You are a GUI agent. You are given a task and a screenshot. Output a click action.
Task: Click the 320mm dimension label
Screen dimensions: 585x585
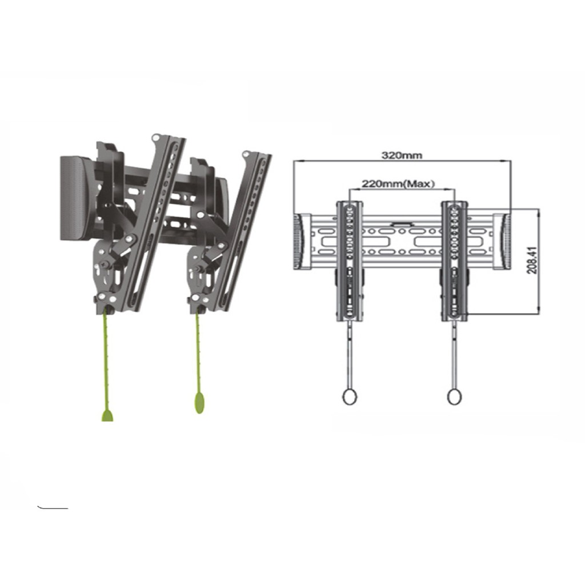[x=402, y=154]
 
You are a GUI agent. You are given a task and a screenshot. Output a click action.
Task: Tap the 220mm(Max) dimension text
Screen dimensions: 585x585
[x=398, y=183]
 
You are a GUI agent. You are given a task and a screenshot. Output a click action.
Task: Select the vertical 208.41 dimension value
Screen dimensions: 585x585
[x=532, y=260]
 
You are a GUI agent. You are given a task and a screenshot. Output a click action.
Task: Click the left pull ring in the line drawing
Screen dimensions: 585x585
[x=350, y=397]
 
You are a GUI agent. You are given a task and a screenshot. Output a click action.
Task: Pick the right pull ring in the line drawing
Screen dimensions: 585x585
[x=454, y=397]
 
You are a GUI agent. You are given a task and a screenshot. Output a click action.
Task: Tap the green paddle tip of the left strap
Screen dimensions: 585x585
[x=107, y=416]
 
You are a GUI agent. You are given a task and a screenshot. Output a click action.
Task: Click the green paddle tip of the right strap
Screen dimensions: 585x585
[x=200, y=402]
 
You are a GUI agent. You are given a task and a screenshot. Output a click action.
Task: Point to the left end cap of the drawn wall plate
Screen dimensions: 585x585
[x=302, y=242]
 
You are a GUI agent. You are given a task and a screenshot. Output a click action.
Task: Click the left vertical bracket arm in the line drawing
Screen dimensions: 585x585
[x=350, y=261]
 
